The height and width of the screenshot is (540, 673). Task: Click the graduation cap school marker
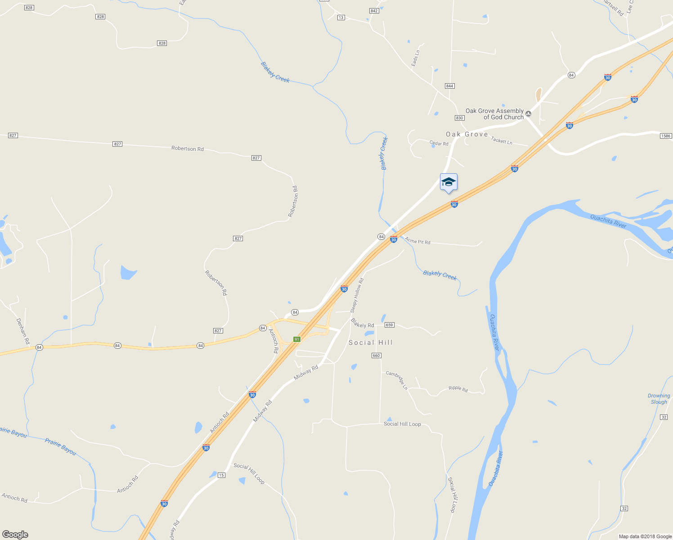[449, 182]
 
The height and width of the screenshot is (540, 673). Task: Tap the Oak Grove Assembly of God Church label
[494, 114]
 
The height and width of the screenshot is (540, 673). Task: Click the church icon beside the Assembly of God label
[529, 114]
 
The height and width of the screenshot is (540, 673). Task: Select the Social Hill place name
[371, 342]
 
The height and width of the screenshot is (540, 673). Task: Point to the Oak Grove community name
[467, 134]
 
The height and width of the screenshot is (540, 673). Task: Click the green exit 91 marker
[296, 339]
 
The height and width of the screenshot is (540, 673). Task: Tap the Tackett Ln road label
[502, 141]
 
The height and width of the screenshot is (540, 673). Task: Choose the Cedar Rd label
[439, 144]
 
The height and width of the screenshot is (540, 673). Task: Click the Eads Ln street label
[416, 58]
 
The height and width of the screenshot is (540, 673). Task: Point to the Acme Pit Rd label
[417, 241]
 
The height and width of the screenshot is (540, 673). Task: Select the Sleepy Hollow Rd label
[357, 295]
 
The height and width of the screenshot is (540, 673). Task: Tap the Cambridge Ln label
[397, 380]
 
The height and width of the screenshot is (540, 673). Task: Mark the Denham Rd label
[22, 331]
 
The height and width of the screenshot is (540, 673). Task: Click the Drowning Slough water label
[659, 399]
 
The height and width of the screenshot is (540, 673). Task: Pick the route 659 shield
[389, 325]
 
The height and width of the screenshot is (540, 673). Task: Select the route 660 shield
[377, 355]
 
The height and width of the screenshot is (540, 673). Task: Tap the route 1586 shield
[665, 136]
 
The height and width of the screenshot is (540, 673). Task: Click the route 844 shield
[449, 85]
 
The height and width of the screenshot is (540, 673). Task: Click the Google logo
[15, 534]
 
